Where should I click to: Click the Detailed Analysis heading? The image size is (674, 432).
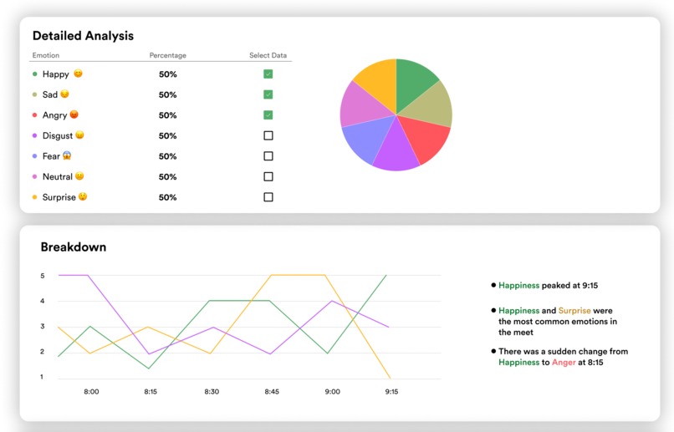tap(83, 36)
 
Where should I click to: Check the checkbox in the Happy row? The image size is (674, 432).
tap(268, 74)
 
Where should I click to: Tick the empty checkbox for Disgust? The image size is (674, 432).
tap(268, 135)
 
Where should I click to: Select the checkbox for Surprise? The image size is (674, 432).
tap(268, 197)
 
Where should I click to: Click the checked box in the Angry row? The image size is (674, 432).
tap(268, 115)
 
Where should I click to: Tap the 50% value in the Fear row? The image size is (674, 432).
tap(168, 156)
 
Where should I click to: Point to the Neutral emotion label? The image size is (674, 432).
tap(58, 176)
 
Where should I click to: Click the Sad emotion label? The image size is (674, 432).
tap(50, 94)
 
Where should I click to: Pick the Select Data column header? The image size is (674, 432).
tap(268, 56)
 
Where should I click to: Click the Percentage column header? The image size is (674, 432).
tap(168, 56)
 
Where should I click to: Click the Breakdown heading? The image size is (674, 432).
tap(74, 247)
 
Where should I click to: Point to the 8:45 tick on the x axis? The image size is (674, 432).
tap(271, 391)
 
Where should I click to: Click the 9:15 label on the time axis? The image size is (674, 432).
tap(391, 391)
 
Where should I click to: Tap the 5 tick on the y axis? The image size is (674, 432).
tap(43, 276)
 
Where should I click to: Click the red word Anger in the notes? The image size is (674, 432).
tap(564, 363)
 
